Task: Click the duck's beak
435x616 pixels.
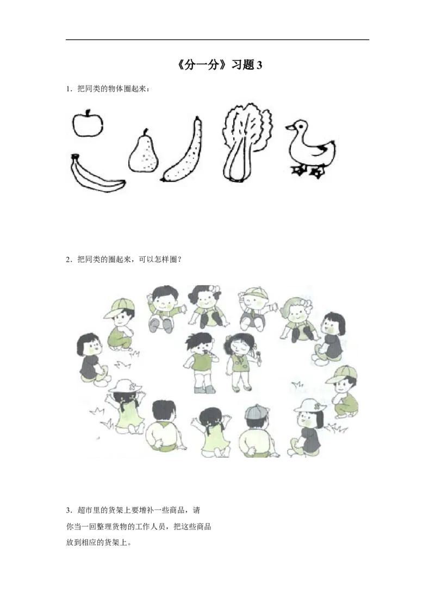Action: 289,127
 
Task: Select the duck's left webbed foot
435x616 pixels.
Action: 299,170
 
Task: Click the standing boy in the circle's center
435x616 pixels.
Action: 200,361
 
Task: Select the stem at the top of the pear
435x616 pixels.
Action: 145,131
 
